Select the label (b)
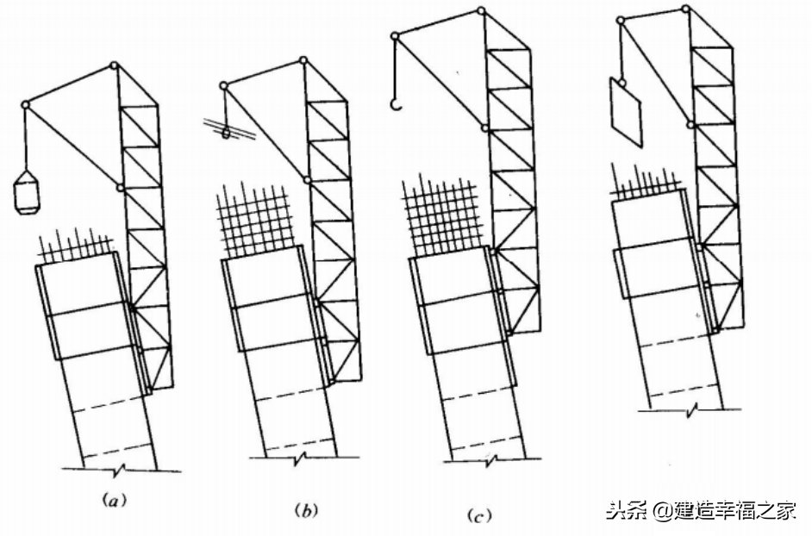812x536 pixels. pyautogui.click(x=305, y=510)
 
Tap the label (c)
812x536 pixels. pyautogui.click(x=478, y=517)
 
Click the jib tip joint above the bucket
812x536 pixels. pyautogui.click(x=26, y=105)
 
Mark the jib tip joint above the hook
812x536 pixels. pyautogui.click(x=395, y=34)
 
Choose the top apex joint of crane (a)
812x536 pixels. pyautogui.click(x=115, y=65)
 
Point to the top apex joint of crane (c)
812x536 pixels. pyautogui.click(x=479, y=11)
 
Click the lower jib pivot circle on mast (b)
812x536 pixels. pyautogui.click(x=308, y=180)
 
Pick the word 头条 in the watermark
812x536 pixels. pyautogui.click(x=627, y=510)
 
